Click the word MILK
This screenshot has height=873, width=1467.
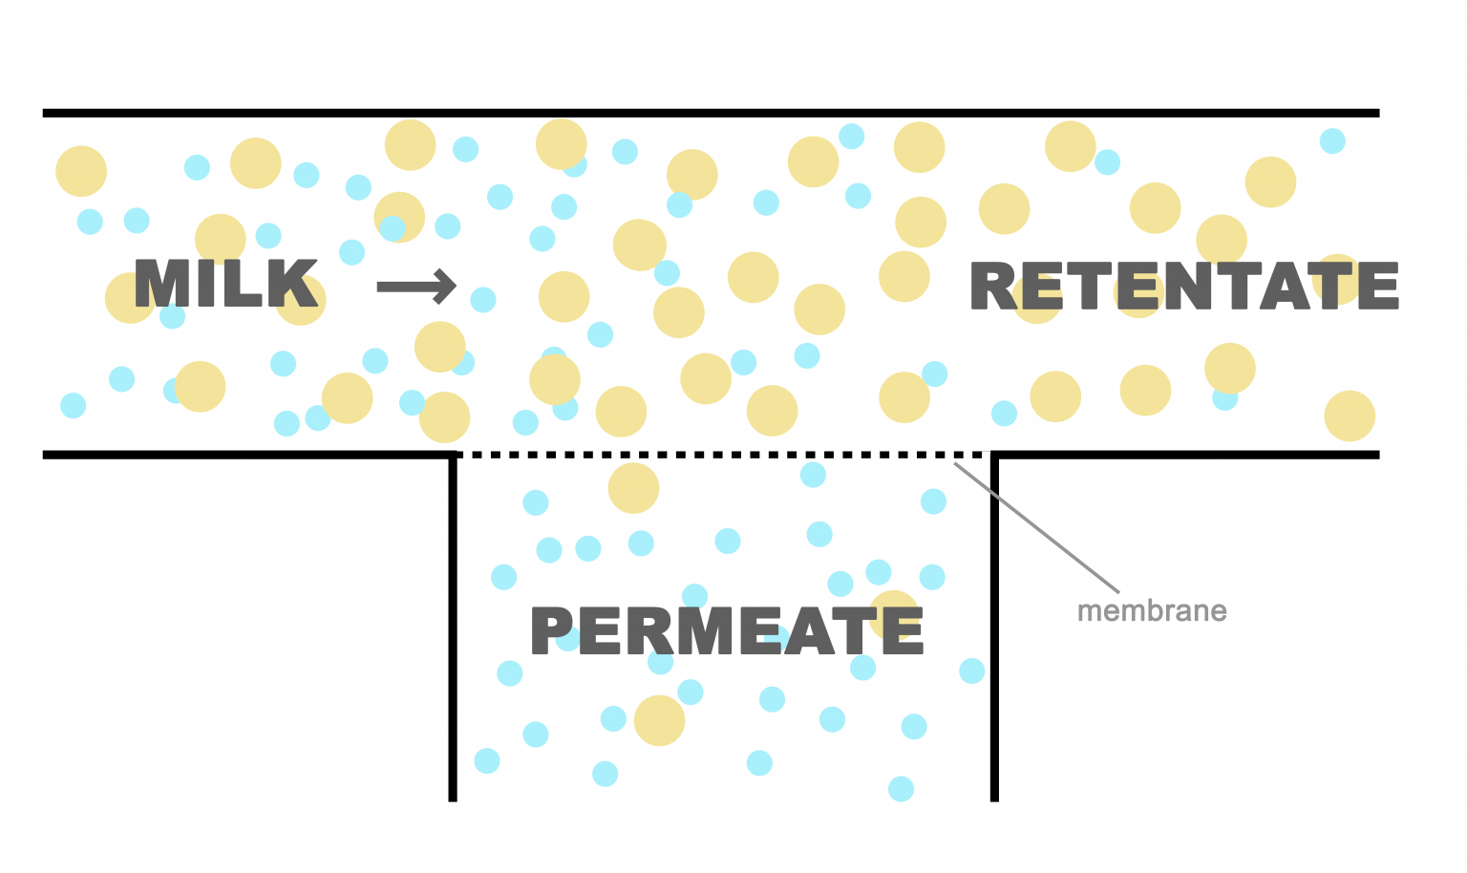point(225,284)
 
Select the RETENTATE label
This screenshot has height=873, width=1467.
point(1184,287)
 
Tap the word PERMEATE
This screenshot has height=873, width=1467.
point(727,630)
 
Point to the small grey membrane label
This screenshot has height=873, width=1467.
point(1152,611)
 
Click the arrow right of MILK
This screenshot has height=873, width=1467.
point(416,286)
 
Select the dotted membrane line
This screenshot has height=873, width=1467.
point(726,455)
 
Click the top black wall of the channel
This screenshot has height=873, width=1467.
point(711,113)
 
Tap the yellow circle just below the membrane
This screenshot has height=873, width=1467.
point(633,488)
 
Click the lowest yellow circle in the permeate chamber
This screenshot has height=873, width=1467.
point(659,720)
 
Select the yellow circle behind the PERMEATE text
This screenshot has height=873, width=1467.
point(894,611)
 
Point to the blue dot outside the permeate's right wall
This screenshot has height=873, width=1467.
point(972,671)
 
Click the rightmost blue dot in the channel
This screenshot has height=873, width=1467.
point(1332,141)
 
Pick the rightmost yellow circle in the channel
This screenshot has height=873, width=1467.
point(1350,415)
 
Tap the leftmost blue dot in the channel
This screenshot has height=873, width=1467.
point(73,405)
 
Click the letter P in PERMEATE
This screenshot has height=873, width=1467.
point(551,630)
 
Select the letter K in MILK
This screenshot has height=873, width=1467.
point(295,284)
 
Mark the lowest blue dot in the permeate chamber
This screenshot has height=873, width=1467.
point(901,788)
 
